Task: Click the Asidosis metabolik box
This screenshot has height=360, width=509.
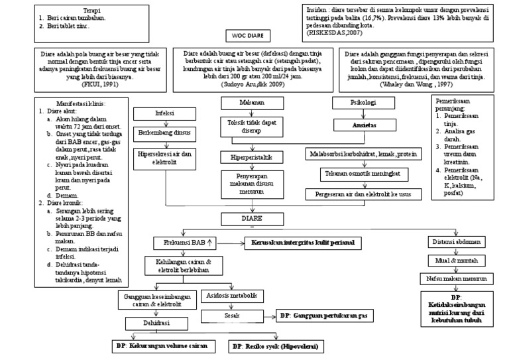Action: (232, 296)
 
